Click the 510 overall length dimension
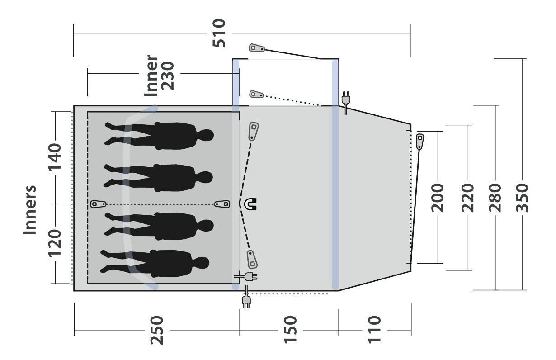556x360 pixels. tap(219, 33)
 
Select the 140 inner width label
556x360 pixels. tap(55, 156)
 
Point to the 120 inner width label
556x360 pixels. tap(55, 242)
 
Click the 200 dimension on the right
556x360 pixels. tap(438, 198)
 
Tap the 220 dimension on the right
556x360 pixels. tap(468, 198)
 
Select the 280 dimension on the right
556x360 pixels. tap(496, 198)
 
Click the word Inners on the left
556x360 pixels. tap(30, 210)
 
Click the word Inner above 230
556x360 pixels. tap(151, 76)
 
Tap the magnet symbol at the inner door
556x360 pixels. tap(250, 204)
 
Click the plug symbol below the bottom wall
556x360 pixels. tap(246, 300)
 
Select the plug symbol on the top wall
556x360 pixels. tap(346, 100)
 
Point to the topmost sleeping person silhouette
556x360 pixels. tap(159, 135)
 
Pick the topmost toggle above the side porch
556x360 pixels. tap(258, 48)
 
